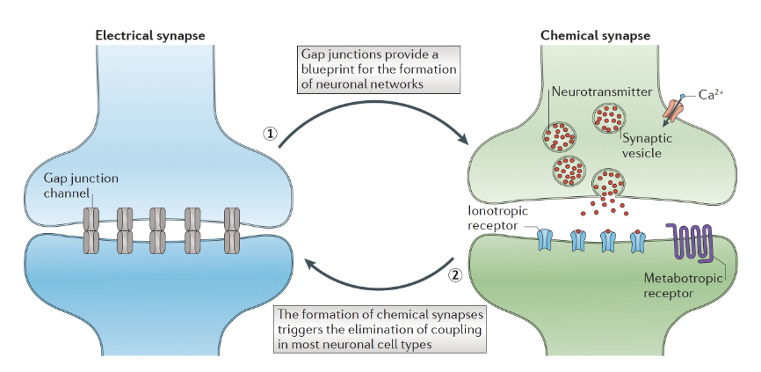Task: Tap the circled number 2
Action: coord(455,273)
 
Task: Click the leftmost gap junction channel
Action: coord(91,230)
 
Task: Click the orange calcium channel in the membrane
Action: coord(675,110)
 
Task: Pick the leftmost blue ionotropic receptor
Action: coord(546,239)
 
